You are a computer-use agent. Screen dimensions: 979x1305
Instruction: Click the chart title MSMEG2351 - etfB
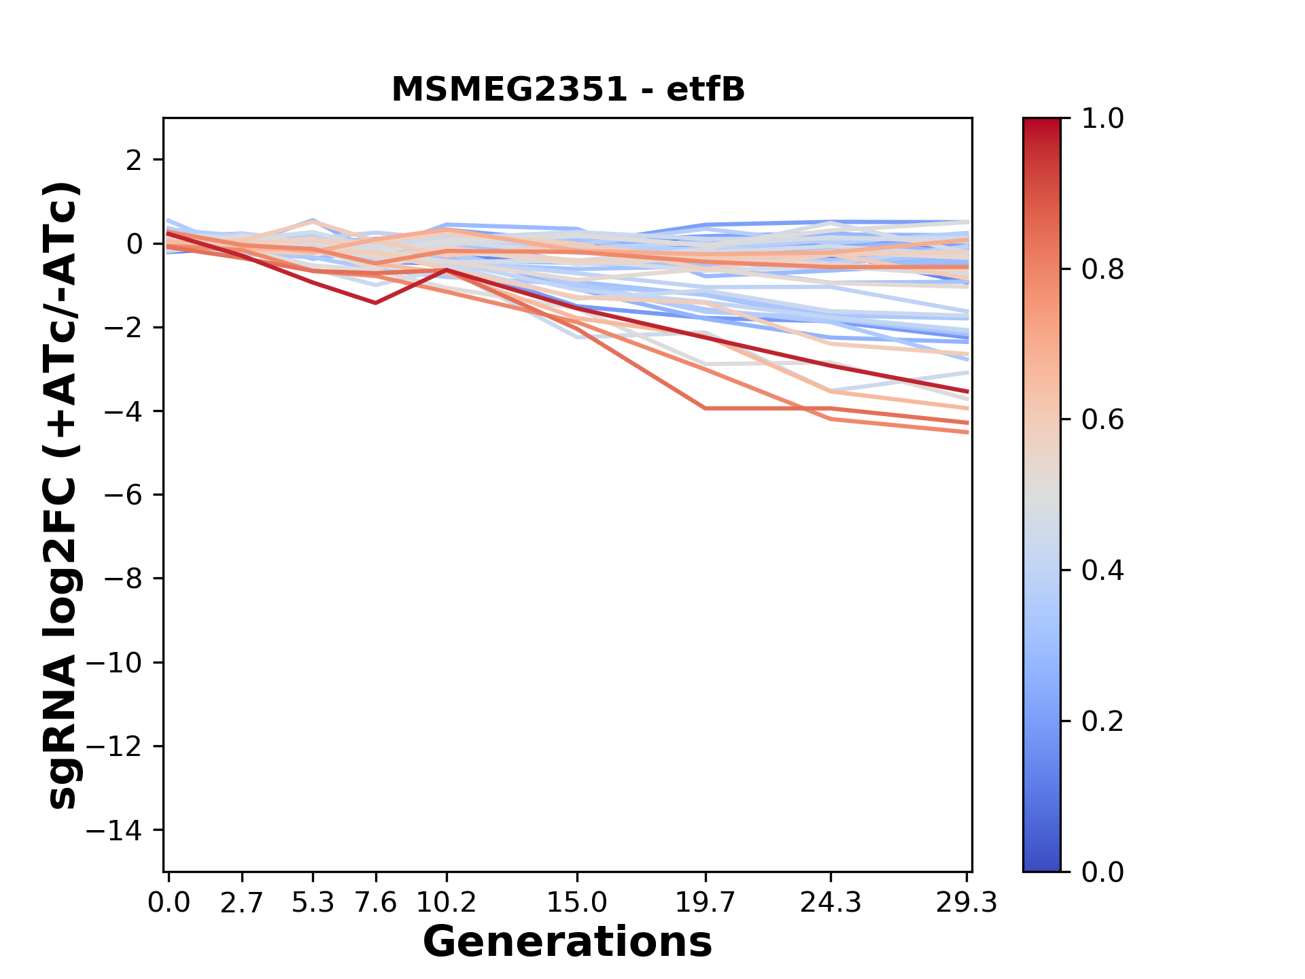[x=568, y=90]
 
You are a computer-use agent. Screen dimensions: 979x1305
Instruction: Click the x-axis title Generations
[x=568, y=942]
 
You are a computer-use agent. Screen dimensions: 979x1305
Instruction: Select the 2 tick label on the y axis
[x=134, y=160]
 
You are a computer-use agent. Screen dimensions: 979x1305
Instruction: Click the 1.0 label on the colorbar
[x=1102, y=119]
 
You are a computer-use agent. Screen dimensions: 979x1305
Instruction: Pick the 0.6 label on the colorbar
[x=1102, y=420]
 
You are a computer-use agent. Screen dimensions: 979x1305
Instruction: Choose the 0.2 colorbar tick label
[x=1102, y=721]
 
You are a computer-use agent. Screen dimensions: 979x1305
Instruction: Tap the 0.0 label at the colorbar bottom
[x=1102, y=872]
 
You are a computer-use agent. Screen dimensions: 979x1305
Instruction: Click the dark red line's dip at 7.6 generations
[x=375, y=303]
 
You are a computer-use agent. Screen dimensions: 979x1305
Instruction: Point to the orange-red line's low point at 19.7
[x=706, y=408]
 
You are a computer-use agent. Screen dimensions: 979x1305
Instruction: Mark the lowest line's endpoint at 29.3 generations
[x=967, y=432]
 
